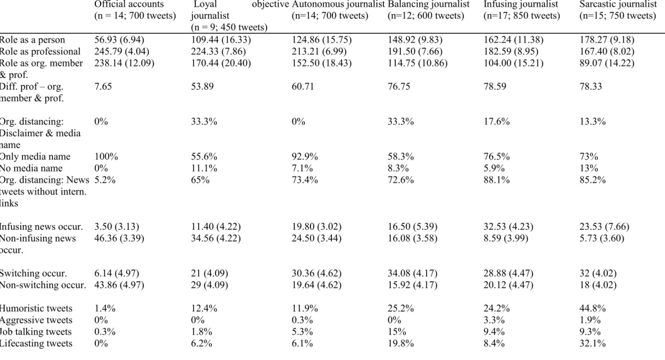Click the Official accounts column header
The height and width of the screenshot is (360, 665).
click(x=135, y=10)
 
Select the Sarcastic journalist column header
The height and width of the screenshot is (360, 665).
click(x=618, y=10)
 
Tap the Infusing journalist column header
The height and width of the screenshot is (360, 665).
click(x=522, y=10)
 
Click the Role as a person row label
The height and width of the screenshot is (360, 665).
click(x=32, y=40)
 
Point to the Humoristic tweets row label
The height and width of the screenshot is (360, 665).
click(x=36, y=308)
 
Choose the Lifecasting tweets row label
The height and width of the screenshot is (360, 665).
click(x=36, y=344)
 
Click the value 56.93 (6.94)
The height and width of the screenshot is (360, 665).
click(x=119, y=40)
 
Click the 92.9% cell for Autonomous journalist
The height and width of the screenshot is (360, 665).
click(x=304, y=156)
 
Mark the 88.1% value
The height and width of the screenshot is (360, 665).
click(x=497, y=180)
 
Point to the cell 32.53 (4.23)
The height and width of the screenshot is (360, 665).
click(x=509, y=226)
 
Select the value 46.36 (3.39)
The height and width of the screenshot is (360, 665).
click(x=119, y=238)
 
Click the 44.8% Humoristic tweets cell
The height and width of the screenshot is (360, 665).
click(x=593, y=308)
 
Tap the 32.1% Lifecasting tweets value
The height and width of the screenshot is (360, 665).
click(x=593, y=344)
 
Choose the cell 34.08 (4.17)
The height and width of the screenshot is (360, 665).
click(x=412, y=273)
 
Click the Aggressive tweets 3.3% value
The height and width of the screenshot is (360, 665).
click(x=494, y=320)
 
